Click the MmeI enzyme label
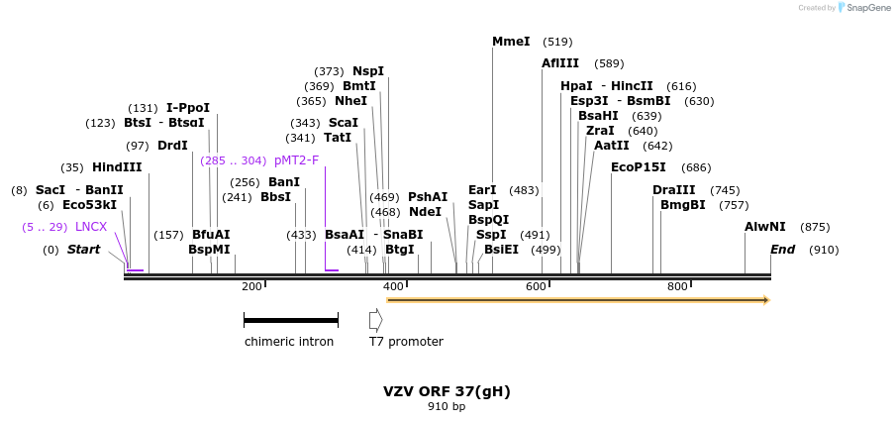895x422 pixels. (x=511, y=42)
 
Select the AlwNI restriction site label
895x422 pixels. (x=764, y=227)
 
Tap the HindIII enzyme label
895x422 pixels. (x=117, y=167)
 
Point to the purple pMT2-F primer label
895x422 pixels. (x=296, y=160)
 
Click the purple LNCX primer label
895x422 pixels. (x=91, y=227)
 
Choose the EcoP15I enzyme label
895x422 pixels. (x=638, y=167)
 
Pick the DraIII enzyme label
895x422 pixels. (x=674, y=190)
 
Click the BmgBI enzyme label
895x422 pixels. (x=683, y=205)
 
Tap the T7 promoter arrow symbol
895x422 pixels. (x=375, y=320)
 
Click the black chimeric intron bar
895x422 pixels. (x=291, y=320)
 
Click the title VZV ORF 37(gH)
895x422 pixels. (x=447, y=391)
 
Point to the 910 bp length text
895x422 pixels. (x=447, y=406)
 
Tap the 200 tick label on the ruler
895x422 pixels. (x=251, y=286)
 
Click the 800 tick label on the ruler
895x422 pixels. (x=677, y=286)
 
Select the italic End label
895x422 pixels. (x=782, y=250)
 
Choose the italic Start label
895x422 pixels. (x=83, y=250)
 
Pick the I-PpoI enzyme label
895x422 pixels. (x=188, y=108)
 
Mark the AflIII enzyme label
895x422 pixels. (x=560, y=63)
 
